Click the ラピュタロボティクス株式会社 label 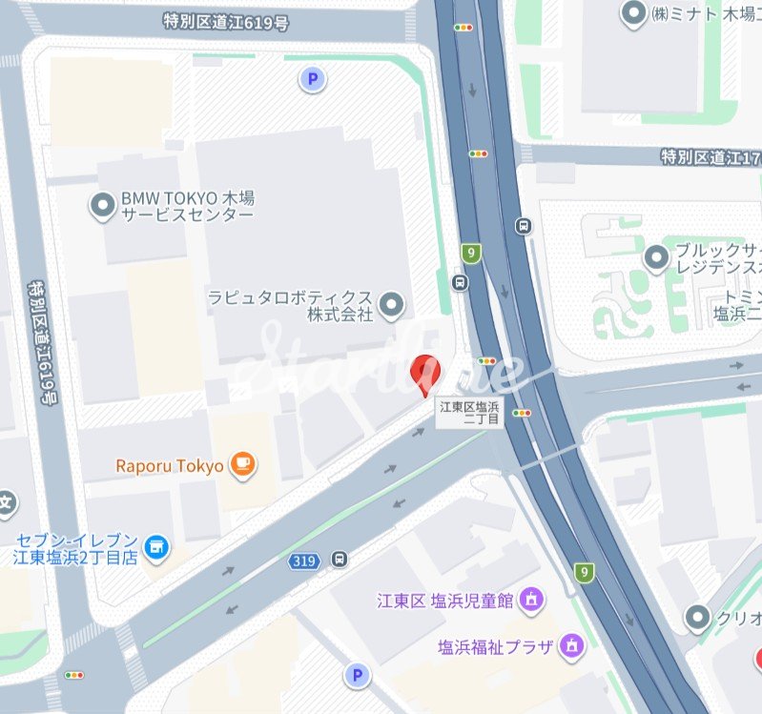290,305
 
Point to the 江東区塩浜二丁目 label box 469,412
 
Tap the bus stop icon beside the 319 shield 339,560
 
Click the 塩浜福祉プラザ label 496,646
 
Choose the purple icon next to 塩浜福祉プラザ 571,645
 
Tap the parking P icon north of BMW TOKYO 311,80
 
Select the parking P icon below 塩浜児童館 358,675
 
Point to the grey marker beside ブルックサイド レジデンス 655,257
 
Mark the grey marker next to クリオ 700,618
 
